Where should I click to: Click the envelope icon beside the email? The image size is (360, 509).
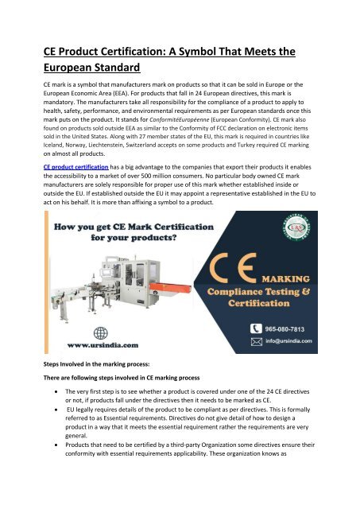256,340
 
